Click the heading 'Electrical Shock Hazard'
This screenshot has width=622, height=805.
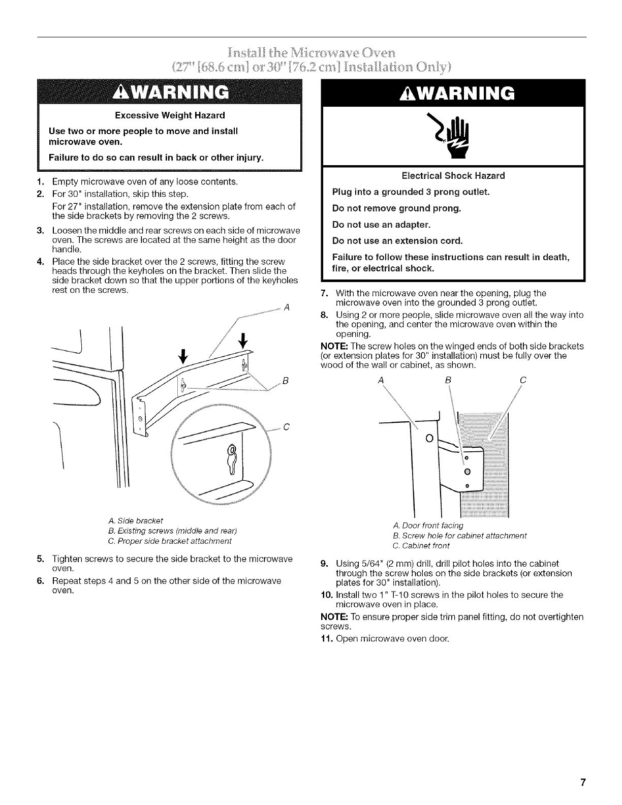453,176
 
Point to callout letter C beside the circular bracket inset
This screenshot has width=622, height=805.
286,427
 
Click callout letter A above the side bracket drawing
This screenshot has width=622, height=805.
287,307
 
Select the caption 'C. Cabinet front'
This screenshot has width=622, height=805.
421,546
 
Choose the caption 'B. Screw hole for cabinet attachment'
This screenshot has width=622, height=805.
460,536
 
